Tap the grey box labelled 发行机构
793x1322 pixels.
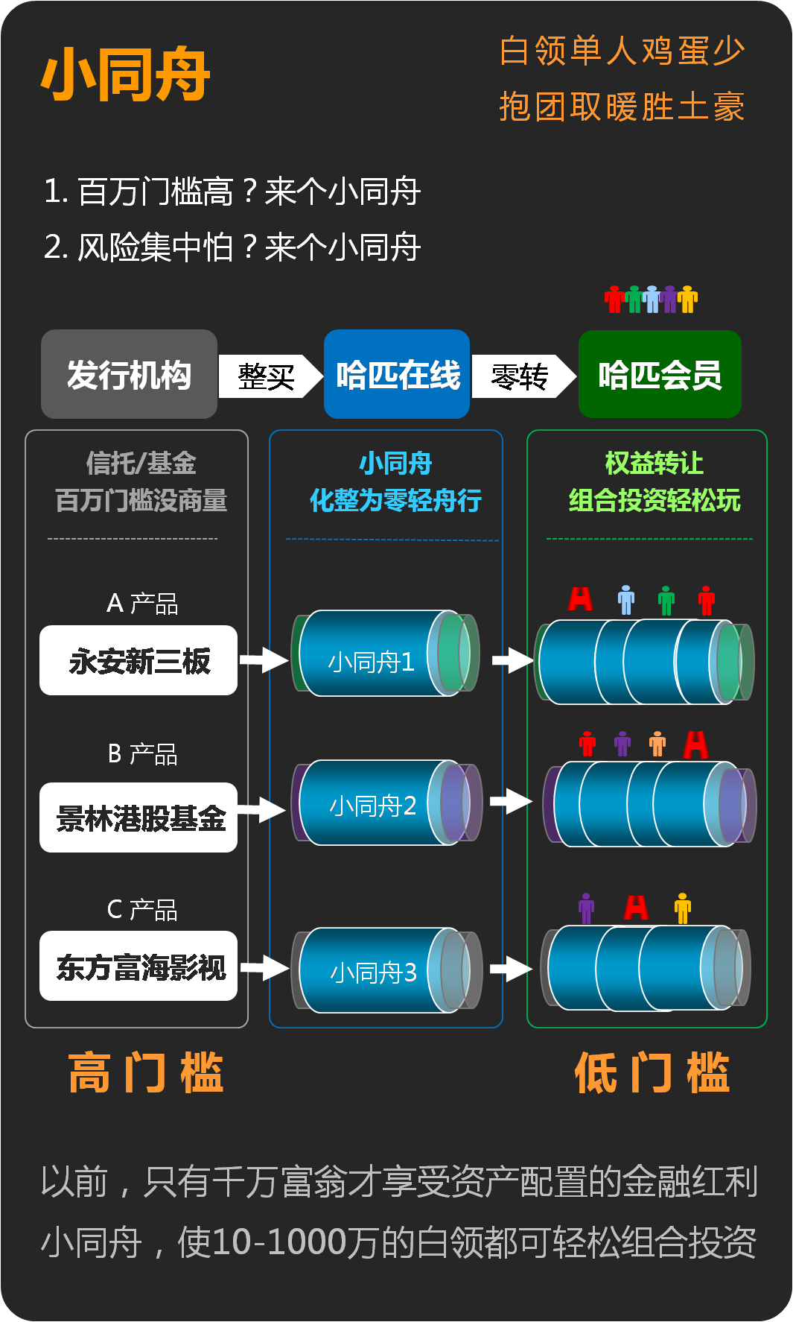point(129,374)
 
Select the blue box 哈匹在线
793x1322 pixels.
point(397,374)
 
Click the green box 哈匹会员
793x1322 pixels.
point(660,374)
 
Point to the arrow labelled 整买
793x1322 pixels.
point(269,376)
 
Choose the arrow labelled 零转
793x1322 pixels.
point(522,376)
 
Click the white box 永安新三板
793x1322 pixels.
point(138,661)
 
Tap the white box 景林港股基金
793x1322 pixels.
point(138,817)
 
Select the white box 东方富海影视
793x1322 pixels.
point(138,967)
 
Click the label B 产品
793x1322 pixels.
point(142,754)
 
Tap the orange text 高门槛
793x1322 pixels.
point(145,1073)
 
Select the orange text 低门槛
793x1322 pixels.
point(652,1073)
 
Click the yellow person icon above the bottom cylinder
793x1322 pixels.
point(682,908)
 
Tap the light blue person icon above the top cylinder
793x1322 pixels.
point(626,600)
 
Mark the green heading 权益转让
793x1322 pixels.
point(654,464)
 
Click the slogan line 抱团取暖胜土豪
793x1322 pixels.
point(622,107)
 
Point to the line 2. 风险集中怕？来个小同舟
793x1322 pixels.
point(232,247)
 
